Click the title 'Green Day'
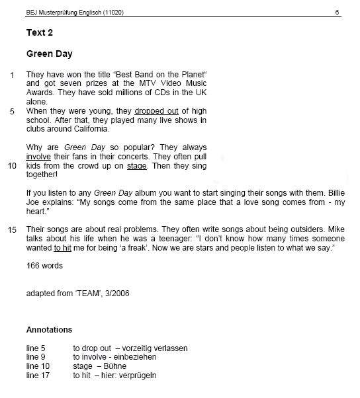(x=49, y=54)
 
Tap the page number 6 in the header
(x=337, y=13)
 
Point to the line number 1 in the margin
(x=12, y=75)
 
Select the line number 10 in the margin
(x=11, y=166)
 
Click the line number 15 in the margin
(x=11, y=229)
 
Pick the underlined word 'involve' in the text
(x=38, y=157)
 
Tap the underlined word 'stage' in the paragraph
(x=136, y=166)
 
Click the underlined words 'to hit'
(x=64, y=247)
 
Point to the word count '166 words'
(x=44, y=265)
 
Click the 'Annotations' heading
(x=49, y=329)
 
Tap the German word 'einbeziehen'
(x=136, y=357)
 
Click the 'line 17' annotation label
(x=37, y=375)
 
